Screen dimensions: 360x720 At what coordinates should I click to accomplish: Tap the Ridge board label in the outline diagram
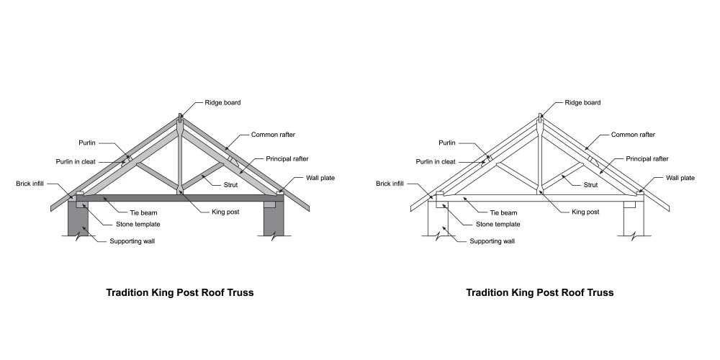pyautogui.click(x=582, y=102)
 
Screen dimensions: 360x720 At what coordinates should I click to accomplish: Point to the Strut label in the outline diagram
pyautogui.click(x=590, y=185)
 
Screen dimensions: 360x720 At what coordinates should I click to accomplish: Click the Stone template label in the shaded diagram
pyautogui.click(x=138, y=224)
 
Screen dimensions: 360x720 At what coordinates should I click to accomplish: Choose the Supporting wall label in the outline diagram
pyautogui.click(x=492, y=241)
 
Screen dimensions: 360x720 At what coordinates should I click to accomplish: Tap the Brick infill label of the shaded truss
pyautogui.click(x=30, y=184)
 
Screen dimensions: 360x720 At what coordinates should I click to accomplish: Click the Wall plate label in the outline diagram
pyautogui.click(x=680, y=178)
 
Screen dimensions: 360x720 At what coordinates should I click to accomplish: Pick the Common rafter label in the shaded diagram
pyautogui.click(x=273, y=135)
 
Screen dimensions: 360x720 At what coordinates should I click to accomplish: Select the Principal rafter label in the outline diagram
pyautogui.click(x=647, y=158)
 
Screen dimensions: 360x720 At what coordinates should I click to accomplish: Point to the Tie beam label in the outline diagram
pyautogui.click(x=503, y=212)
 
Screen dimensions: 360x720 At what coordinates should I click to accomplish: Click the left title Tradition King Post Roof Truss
pyautogui.click(x=179, y=293)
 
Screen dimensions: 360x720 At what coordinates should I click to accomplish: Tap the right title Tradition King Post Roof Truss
pyautogui.click(x=539, y=293)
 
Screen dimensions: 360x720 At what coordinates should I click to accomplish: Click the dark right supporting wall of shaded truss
pyautogui.click(x=274, y=223)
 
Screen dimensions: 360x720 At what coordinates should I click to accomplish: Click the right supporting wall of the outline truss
pyautogui.click(x=634, y=223)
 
